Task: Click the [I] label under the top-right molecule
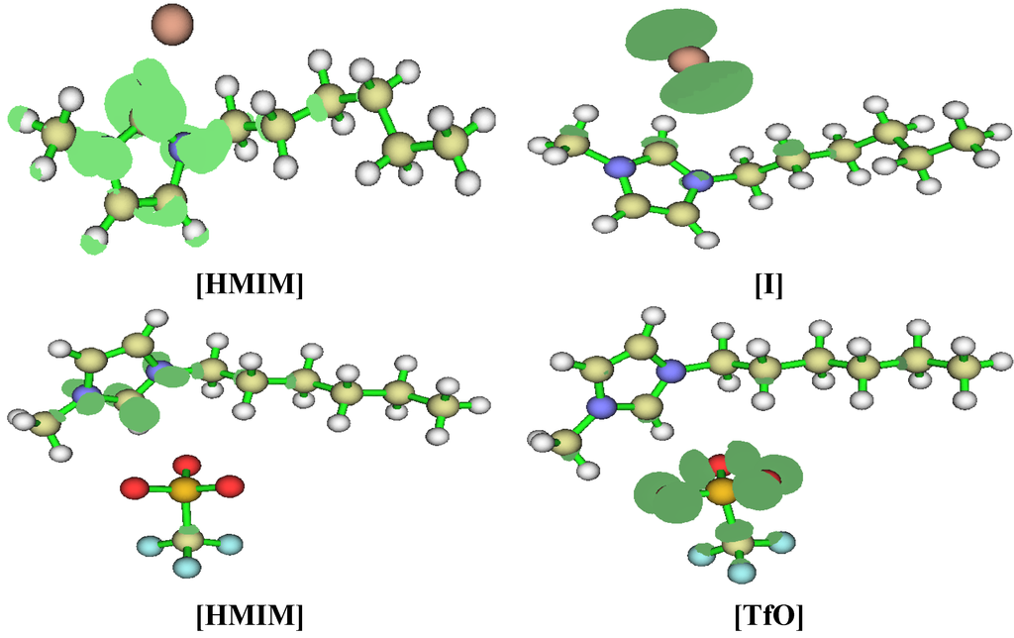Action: point(768,285)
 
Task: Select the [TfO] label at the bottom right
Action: point(768,615)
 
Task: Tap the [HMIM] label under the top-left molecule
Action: point(250,285)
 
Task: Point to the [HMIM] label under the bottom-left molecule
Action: point(250,615)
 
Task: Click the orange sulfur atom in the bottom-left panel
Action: point(183,487)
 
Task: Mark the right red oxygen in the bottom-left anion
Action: point(229,485)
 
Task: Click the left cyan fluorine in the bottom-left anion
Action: point(146,545)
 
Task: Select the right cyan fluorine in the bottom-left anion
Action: point(229,544)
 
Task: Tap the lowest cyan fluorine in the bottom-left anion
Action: point(187,567)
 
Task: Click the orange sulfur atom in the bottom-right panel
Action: point(721,490)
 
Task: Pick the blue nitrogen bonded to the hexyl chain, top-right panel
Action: point(698,180)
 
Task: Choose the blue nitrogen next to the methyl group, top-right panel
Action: point(621,166)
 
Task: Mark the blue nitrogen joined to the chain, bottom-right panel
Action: point(672,372)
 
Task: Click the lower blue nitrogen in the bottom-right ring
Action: point(600,407)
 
